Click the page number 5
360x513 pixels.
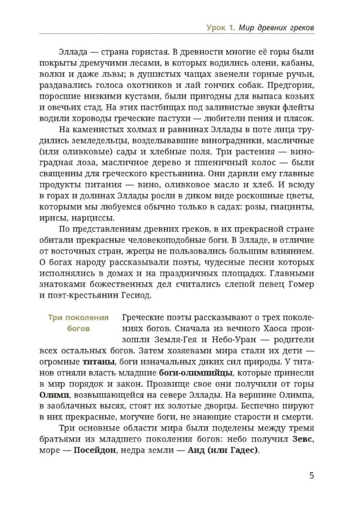[312, 474]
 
